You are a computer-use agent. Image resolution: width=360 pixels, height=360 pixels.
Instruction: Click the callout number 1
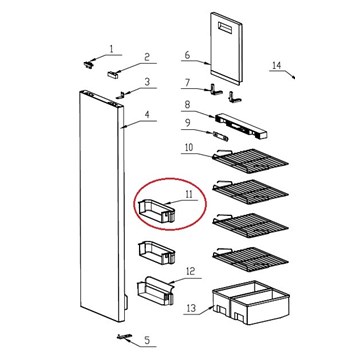tap(112, 49)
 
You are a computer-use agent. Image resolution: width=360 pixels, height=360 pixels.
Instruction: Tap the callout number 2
tap(147, 57)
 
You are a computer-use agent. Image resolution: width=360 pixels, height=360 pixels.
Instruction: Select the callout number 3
tap(147, 82)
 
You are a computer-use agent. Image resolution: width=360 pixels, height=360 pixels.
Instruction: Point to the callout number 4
tap(147, 114)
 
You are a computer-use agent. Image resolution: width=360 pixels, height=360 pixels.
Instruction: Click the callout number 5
tap(147, 340)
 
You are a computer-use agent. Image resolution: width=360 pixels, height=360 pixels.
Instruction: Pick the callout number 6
tap(187, 55)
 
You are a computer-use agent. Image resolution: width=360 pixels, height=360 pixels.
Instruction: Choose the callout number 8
tap(187, 105)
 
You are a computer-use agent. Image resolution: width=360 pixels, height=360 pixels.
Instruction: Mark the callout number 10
tap(189, 147)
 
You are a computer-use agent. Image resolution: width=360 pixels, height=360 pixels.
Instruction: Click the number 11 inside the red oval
tap(189, 194)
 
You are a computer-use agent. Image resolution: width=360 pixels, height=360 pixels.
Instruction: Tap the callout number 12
tap(190, 272)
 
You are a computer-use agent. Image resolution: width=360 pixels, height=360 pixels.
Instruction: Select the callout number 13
tap(191, 308)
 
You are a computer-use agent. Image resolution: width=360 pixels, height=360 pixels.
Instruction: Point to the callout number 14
tap(277, 65)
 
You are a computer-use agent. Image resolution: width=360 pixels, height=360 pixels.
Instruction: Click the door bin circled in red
tap(156, 211)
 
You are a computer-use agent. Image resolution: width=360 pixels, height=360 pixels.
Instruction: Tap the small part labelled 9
tap(220, 136)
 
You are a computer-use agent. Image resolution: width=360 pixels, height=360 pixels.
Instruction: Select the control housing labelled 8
tap(241, 126)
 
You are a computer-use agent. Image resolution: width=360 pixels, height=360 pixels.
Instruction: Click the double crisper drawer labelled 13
tap(251, 302)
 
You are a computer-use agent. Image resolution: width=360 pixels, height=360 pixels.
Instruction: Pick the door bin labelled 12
tap(156, 291)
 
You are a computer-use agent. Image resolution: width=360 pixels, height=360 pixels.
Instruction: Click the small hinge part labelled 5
tap(124, 337)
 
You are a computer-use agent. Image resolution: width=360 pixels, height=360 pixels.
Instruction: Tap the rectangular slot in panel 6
tap(227, 28)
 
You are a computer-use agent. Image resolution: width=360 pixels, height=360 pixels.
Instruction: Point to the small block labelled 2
tap(113, 74)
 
